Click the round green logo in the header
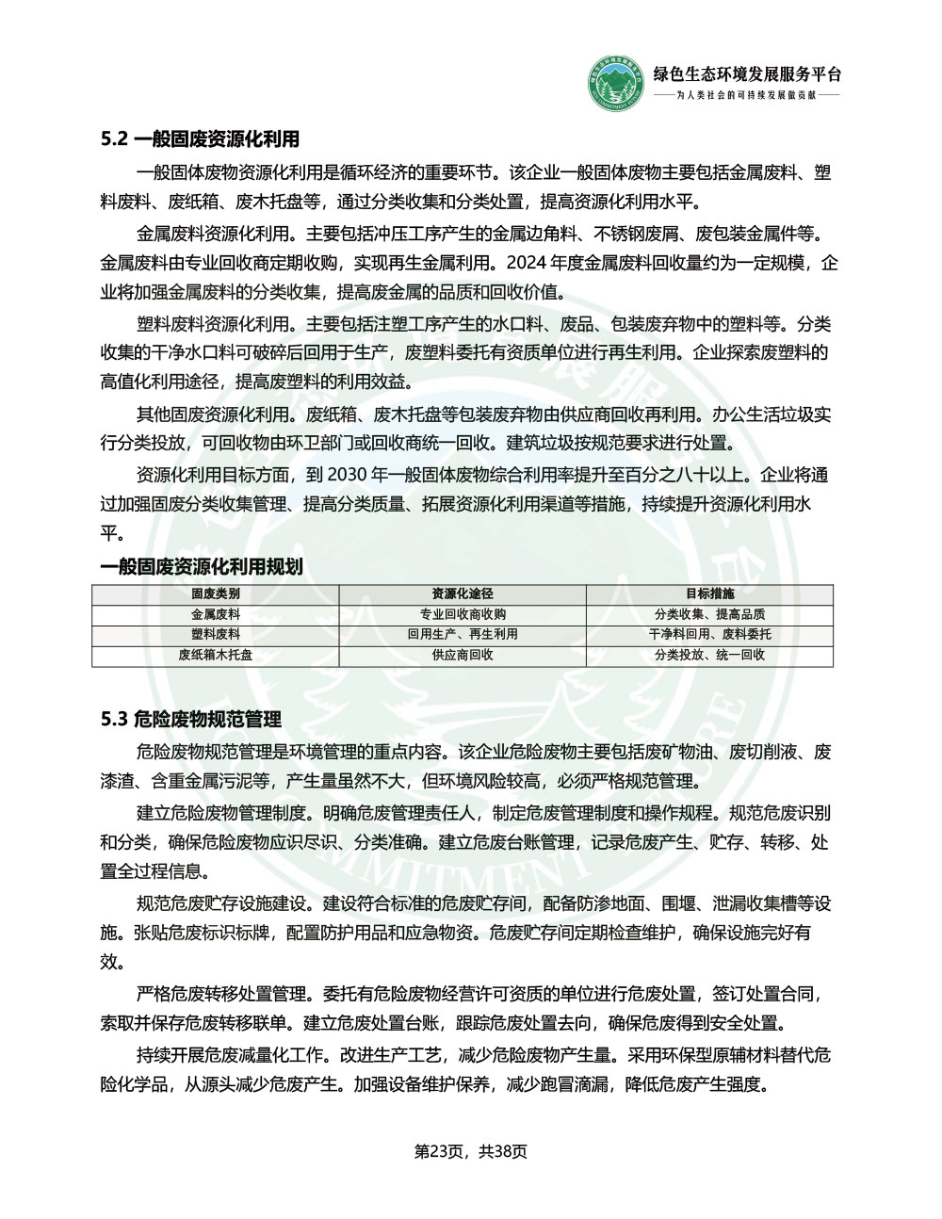(618, 84)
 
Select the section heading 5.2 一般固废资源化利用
(200, 139)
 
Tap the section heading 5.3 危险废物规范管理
(191, 720)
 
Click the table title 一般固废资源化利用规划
(202, 566)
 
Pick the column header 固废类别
(216, 594)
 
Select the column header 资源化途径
(463, 594)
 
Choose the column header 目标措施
(709, 594)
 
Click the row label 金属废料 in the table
(216, 614)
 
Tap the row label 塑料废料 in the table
(216, 635)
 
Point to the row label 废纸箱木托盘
(216, 655)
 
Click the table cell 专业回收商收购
(463, 614)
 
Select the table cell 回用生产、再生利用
(463, 635)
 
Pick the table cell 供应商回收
(463, 655)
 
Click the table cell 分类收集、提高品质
(709, 614)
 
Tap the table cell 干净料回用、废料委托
(709, 635)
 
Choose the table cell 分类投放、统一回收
(709, 655)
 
